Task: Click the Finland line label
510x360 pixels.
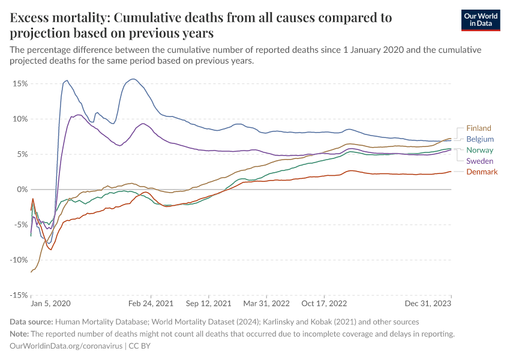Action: tap(478, 128)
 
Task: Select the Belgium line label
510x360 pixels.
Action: tap(479, 139)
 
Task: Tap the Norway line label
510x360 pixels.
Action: tap(479, 150)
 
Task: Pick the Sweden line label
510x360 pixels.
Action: tap(479, 161)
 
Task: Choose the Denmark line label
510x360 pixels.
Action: tap(482, 172)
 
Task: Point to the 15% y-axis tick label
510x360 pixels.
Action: tap(20, 83)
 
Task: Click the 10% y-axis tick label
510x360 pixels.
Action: tap(20, 119)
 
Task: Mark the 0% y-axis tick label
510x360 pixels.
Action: tap(22, 190)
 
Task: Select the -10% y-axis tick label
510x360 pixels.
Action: tap(19, 260)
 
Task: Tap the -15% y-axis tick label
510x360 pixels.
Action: tap(19, 295)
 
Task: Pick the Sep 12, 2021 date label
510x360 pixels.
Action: tap(209, 304)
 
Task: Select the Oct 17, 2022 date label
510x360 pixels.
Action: tap(324, 304)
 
